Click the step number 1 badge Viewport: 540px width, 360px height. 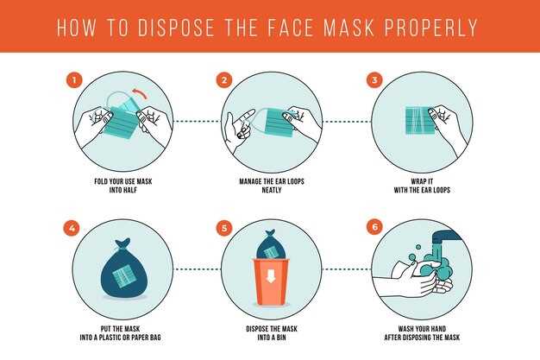[x=74, y=80]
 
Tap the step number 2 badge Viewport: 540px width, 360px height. [x=224, y=80]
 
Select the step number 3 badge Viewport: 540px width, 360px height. [x=374, y=80]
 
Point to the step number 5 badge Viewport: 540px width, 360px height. [x=224, y=228]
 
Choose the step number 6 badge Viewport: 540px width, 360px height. [x=374, y=228]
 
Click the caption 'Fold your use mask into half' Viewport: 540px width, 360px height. [x=122, y=186]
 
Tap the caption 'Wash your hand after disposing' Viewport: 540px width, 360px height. [x=422, y=333]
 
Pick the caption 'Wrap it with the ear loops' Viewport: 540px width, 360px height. [x=422, y=186]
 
